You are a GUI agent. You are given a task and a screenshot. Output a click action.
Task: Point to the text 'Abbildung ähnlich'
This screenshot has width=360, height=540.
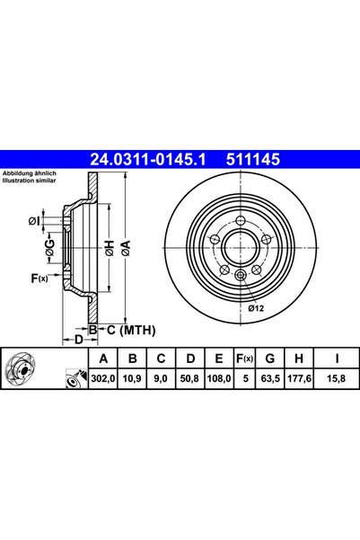click(31, 173)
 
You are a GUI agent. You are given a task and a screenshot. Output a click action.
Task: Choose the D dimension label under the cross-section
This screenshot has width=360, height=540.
click(78, 339)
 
